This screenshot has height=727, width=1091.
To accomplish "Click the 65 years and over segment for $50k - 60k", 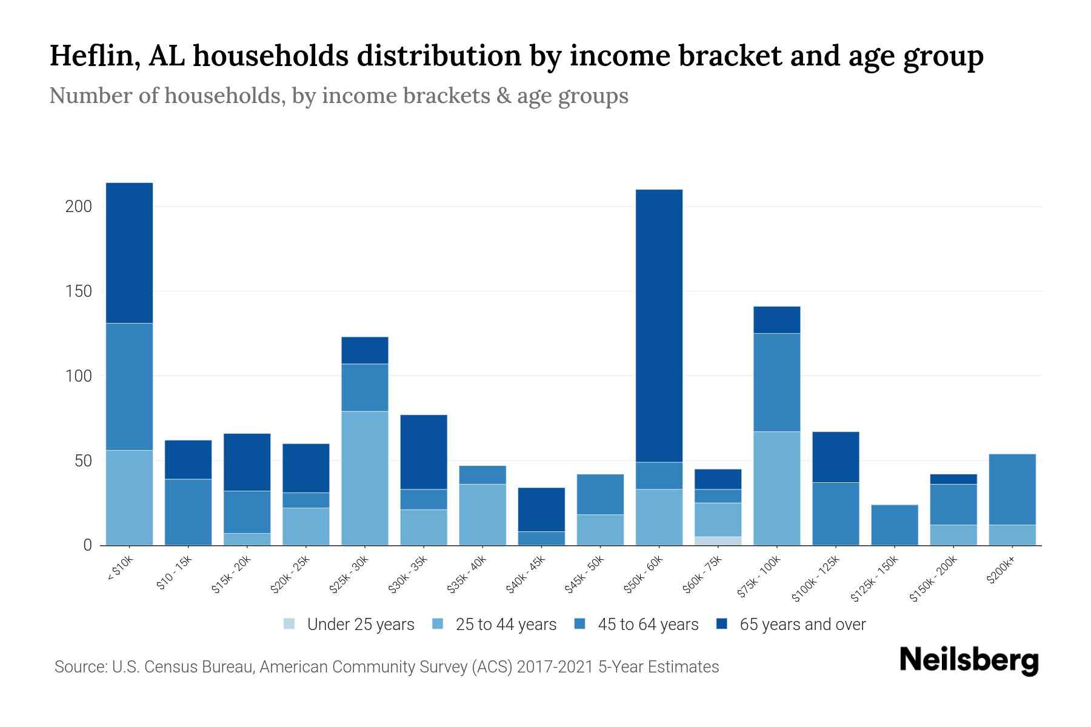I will pyautogui.click(x=659, y=326).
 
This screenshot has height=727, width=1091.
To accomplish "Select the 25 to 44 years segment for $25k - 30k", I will pyautogui.click(x=365, y=478).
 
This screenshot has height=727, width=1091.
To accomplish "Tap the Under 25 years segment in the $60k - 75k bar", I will pyautogui.click(x=718, y=540).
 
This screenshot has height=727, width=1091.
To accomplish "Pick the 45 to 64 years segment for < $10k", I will pyautogui.click(x=129, y=387).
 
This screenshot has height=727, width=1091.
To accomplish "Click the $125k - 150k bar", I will pyautogui.click(x=894, y=525).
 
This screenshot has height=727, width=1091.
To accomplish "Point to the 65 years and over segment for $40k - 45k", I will pyautogui.click(x=541, y=510).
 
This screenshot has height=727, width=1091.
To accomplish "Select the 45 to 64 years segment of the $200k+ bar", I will pyautogui.click(x=1012, y=489).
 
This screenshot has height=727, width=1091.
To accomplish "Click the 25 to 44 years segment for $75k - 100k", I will pyautogui.click(x=776, y=488).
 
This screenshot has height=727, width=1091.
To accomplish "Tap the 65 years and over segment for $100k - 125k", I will pyautogui.click(x=835, y=457).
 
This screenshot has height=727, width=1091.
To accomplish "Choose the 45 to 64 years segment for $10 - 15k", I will pyautogui.click(x=188, y=512).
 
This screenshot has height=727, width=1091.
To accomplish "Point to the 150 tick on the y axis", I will pyautogui.click(x=78, y=291).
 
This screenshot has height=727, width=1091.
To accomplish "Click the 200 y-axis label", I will pyautogui.click(x=78, y=207).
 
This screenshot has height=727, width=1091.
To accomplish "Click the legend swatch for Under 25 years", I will pyautogui.click(x=290, y=624).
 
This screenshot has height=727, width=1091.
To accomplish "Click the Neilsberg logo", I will pyautogui.click(x=969, y=661).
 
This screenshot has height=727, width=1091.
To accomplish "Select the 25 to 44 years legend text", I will pyautogui.click(x=505, y=625).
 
